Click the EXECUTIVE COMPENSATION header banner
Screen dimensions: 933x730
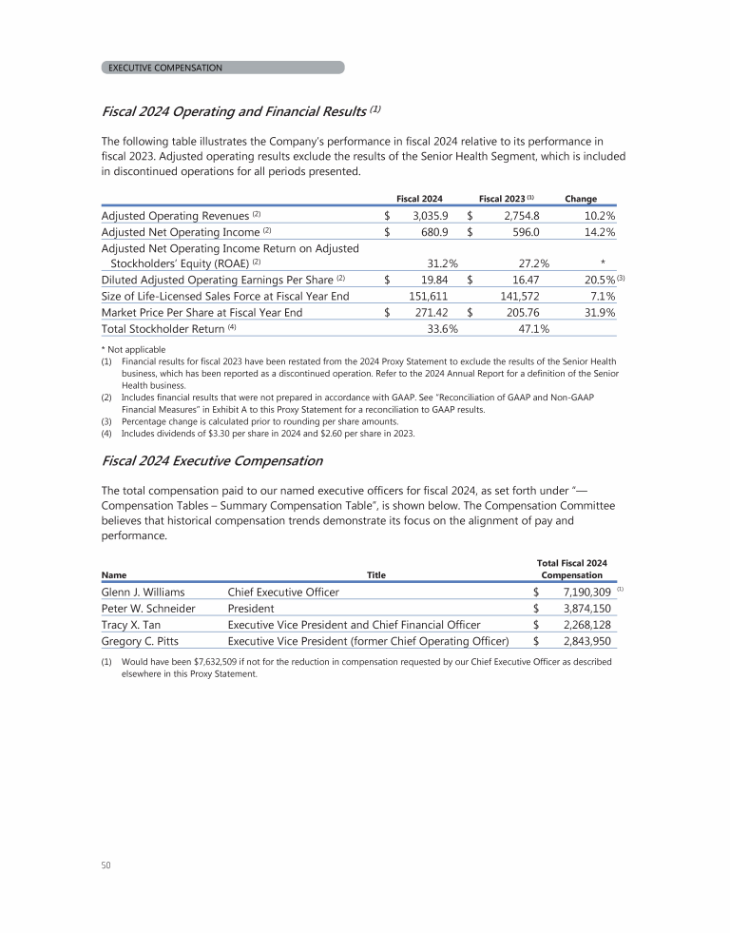click(x=222, y=68)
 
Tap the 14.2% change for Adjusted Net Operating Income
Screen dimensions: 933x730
click(x=598, y=232)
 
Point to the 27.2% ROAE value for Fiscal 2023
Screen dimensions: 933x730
click(x=521, y=263)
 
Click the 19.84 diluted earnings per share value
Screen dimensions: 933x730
click(x=433, y=280)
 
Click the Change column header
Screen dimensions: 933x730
click(x=581, y=199)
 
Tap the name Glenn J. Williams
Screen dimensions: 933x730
click(x=143, y=592)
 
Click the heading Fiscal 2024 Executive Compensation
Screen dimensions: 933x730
click(x=212, y=461)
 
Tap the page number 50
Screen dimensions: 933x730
click(x=106, y=865)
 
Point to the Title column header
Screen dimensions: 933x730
click(x=377, y=574)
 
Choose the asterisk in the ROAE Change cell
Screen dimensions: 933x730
click(x=604, y=263)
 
